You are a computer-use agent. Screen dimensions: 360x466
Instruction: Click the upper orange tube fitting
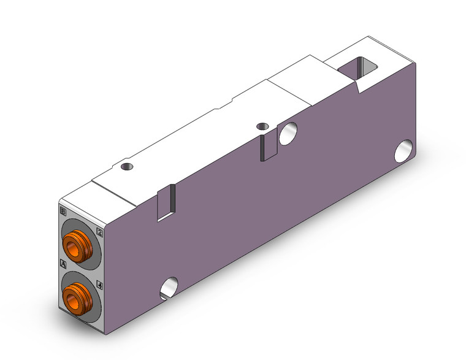(x=79, y=245)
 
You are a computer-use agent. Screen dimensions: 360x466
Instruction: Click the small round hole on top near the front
(x=126, y=166)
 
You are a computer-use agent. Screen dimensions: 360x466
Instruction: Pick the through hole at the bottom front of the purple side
(x=169, y=286)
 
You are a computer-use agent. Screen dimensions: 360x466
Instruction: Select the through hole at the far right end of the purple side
(x=403, y=151)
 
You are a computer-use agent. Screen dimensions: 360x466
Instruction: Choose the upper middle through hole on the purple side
(x=288, y=133)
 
